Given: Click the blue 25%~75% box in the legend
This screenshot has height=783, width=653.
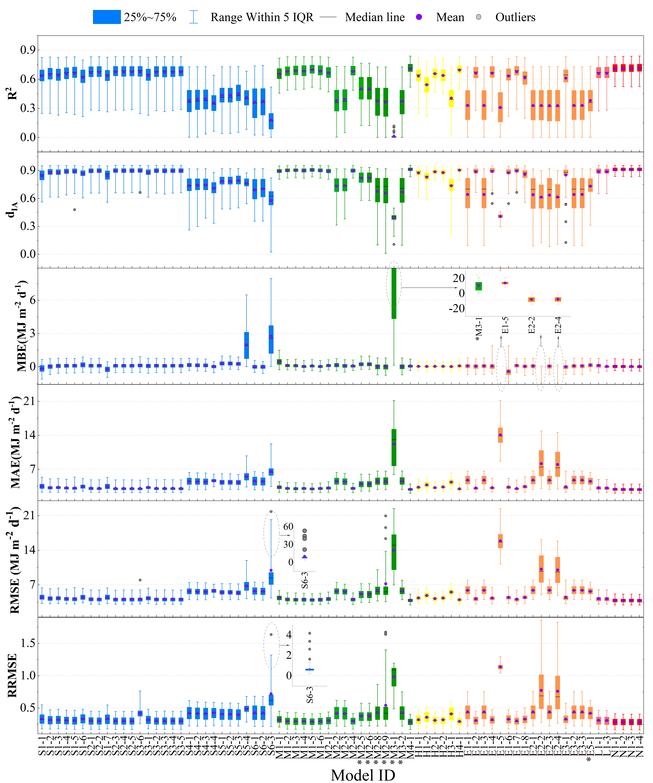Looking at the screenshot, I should [x=107, y=17].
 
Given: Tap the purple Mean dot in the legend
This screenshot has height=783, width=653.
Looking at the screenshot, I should [x=419, y=17].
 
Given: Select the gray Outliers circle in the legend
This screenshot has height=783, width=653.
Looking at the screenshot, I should [x=479, y=17].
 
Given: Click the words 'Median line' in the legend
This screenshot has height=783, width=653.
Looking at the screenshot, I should [x=375, y=17].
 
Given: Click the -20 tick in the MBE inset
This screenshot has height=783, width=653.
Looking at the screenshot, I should [x=456, y=308].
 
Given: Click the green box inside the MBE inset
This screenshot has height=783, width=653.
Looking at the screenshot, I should [x=478, y=286].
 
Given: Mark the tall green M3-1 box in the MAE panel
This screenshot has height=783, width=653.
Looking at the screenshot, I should [x=394, y=447].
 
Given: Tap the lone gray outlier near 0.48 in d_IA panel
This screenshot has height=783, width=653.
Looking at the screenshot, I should [x=75, y=210].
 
